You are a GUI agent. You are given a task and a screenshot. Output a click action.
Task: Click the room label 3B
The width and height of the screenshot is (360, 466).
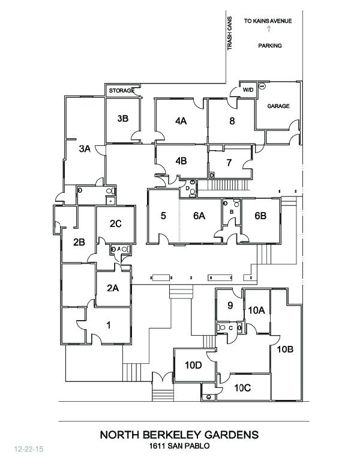[122, 118]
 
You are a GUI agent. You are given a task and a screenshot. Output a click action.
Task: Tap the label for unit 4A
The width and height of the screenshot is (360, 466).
[181, 121]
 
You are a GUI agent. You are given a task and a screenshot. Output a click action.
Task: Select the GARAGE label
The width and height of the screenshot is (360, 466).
[278, 106]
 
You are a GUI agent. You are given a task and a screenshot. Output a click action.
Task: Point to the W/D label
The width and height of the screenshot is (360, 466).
[247, 90]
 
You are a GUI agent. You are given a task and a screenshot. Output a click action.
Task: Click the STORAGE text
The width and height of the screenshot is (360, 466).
[121, 91]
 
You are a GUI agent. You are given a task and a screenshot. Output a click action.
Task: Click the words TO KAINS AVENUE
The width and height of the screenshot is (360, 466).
[268, 21]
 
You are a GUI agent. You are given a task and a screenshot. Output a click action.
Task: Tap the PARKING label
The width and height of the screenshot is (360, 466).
[270, 46]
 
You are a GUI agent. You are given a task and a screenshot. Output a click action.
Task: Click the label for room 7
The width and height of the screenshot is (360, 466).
[229, 162]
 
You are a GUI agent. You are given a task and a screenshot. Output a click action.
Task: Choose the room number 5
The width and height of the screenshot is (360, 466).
[163, 216]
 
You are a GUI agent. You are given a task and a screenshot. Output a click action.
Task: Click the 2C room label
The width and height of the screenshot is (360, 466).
[116, 224]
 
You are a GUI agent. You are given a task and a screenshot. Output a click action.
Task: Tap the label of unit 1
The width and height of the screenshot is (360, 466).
[109, 325]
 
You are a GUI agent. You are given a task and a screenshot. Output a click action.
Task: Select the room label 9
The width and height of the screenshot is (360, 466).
[230, 305]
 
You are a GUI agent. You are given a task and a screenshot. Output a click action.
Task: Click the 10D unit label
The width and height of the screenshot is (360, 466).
[193, 365]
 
